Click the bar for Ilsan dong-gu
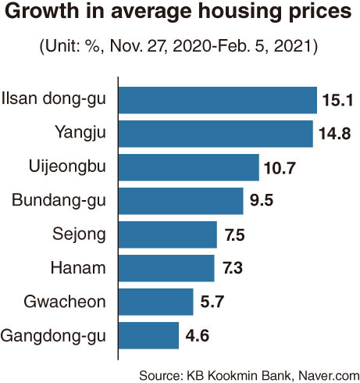218,100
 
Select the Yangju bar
216,134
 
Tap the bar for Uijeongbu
189,167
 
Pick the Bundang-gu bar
181,201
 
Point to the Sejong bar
168,234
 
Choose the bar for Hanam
166,268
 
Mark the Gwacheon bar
156,302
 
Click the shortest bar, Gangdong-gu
149,335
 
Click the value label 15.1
337,100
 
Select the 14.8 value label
335,134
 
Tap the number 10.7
280,167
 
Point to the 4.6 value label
198,335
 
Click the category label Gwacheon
65,302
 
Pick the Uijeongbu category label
67,166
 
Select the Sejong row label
79,234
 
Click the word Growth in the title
42,11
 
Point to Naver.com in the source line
329,376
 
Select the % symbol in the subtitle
92,46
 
